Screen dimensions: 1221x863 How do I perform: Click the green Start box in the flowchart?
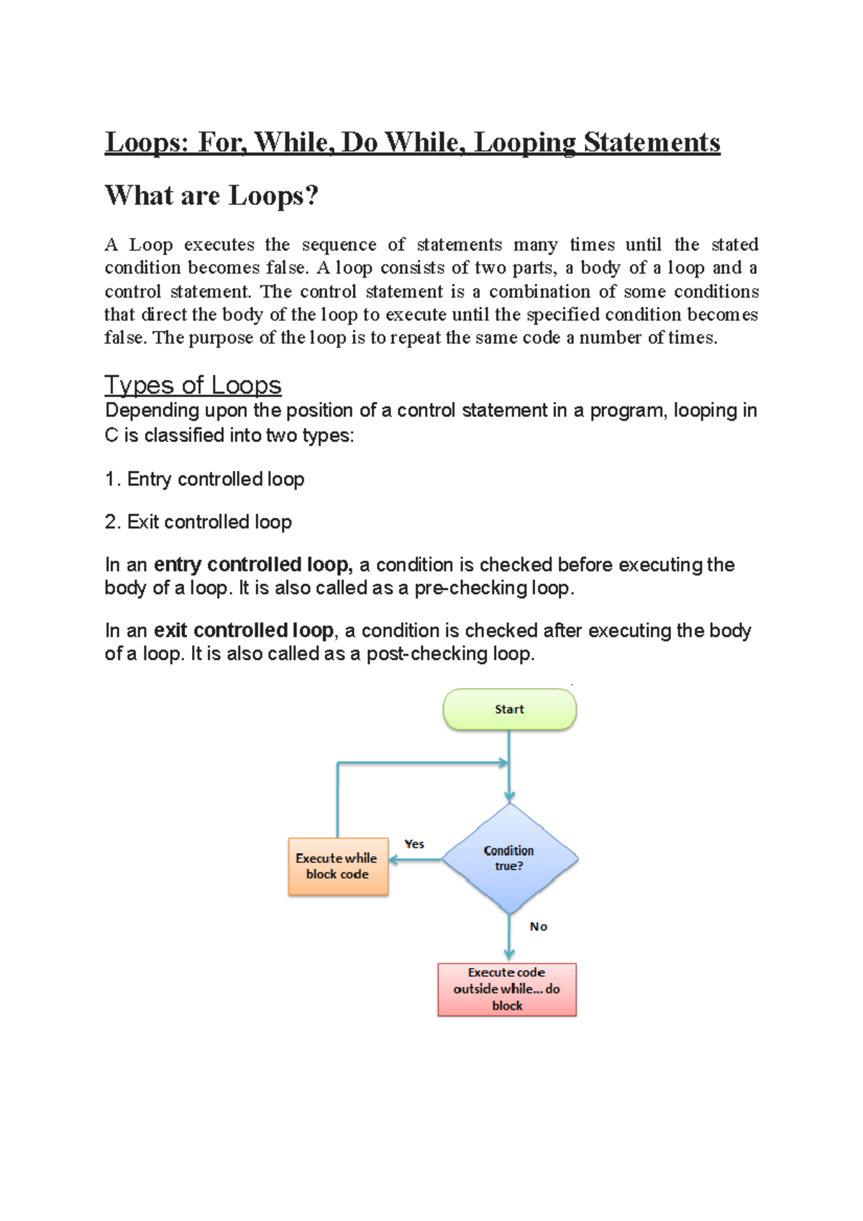pyautogui.click(x=509, y=710)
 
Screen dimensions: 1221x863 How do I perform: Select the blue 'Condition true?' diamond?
pyautogui.click(x=509, y=859)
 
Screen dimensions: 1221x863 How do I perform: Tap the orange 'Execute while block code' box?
pyautogui.click(x=337, y=866)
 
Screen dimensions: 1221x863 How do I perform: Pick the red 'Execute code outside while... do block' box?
pyautogui.click(x=507, y=989)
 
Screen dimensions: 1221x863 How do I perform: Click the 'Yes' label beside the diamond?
pyautogui.click(x=414, y=844)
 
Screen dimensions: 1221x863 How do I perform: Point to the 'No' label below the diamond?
pyautogui.click(x=539, y=927)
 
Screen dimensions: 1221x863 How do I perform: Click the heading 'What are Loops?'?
pyautogui.click(x=211, y=196)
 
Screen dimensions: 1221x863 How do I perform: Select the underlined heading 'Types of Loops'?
pyautogui.click(x=193, y=385)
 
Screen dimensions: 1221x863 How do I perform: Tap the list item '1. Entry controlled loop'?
pyautogui.click(x=204, y=479)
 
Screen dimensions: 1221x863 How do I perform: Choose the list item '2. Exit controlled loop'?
pyautogui.click(x=198, y=522)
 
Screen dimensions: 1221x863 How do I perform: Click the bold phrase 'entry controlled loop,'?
pyautogui.click(x=252, y=564)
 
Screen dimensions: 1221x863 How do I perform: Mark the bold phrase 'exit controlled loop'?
pyautogui.click(x=243, y=631)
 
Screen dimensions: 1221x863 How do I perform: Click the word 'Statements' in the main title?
pyautogui.click(x=651, y=142)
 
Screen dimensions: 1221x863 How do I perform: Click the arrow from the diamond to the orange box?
pyautogui.click(x=415, y=860)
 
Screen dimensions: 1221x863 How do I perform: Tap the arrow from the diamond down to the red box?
pyautogui.click(x=509, y=938)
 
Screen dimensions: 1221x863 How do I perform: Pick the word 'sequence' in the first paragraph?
pyautogui.click(x=339, y=244)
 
